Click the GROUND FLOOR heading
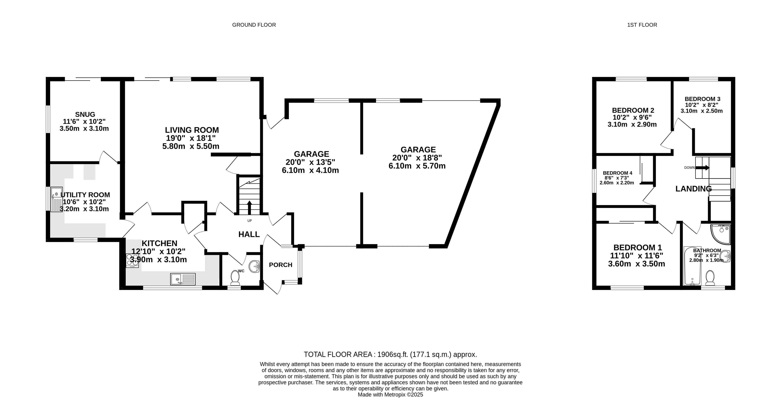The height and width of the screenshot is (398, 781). (254, 25)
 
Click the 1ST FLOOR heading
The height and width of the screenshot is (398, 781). (642, 25)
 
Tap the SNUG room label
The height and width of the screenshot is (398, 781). (85, 114)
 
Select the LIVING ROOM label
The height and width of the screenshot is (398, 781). (192, 130)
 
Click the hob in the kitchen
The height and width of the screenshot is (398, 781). (133, 261)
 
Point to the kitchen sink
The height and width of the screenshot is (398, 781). (183, 279)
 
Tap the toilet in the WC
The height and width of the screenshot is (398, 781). (235, 278)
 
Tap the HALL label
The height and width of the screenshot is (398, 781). (249, 234)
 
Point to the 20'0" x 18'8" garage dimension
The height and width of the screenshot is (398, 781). (417, 158)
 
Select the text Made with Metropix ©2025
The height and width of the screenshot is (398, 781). (391, 395)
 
